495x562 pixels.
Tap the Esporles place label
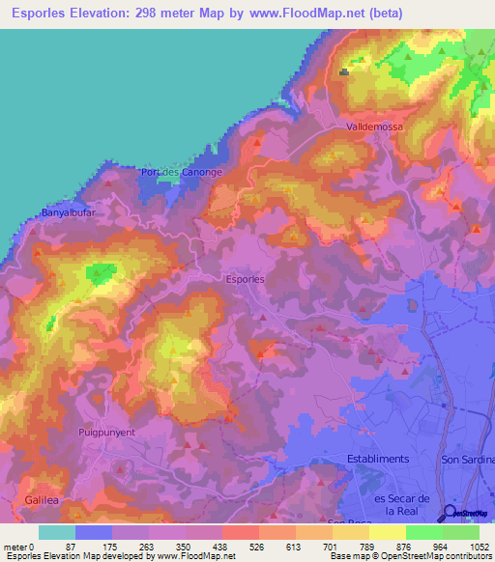click(x=245, y=278)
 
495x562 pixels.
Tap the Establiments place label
click(x=378, y=459)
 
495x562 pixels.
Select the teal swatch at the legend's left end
click(x=57, y=532)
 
